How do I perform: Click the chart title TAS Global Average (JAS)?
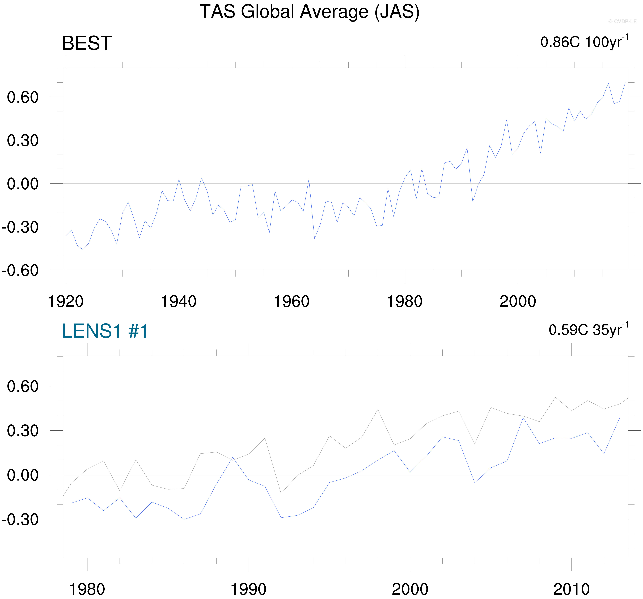click(310, 12)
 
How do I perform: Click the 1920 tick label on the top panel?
click(66, 302)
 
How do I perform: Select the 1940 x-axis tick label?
click(179, 302)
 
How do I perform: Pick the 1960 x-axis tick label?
click(291, 302)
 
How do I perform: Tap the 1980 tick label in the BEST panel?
click(404, 302)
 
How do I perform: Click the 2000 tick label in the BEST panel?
click(518, 302)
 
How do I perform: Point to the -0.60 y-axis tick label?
click(20, 270)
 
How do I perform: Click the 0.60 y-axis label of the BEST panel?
click(23, 97)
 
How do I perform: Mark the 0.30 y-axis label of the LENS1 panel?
click(23, 431)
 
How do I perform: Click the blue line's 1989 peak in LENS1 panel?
click(232, 457)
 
